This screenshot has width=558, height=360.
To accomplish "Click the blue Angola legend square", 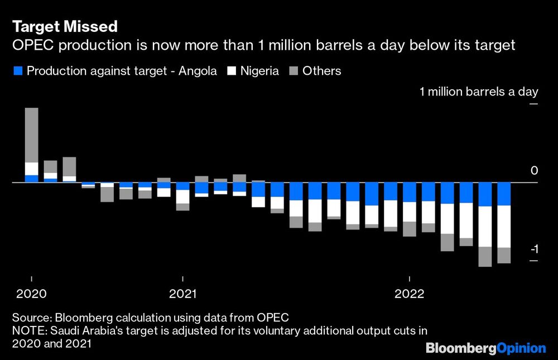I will pyautogui.click(x=17, y=71).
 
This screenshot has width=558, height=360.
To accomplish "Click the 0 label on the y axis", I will pyautogui.click(x=534, y=171).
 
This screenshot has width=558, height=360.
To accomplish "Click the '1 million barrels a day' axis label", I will pyautogui.click(x=478, y=92).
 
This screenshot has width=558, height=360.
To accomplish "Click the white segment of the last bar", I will pyautogui.click(x=504, y=227).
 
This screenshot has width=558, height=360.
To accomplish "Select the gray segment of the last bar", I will pyautogui.click(x=504, y=256).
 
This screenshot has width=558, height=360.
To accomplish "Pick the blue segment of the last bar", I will pyautogui.click(x=504, y=194).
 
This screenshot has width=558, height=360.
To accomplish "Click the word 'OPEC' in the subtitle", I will pyautogui.click(x=31, y=45).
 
